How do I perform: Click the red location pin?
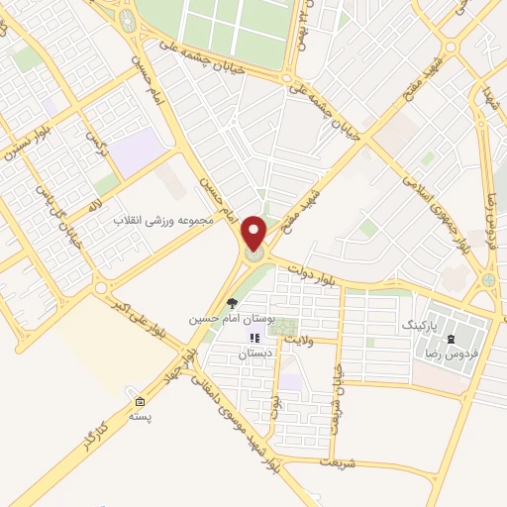[x=255, y=235]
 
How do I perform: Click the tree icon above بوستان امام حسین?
[x=232, y=304]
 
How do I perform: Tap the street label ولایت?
[x=299, y=339]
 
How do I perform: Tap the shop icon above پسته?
[x=140, y=401]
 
